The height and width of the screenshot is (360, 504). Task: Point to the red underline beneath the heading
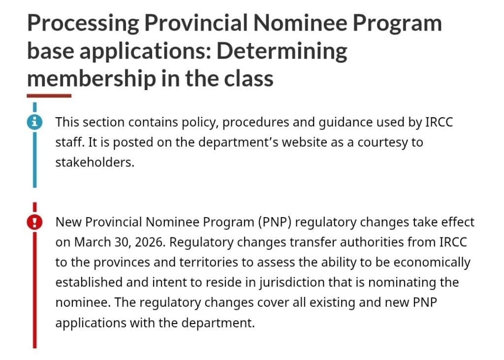point(49,96)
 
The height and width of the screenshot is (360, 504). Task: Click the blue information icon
point(34,122)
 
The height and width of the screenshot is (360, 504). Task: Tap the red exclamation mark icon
point(34,223)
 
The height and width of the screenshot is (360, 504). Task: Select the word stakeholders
point(94,163)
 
